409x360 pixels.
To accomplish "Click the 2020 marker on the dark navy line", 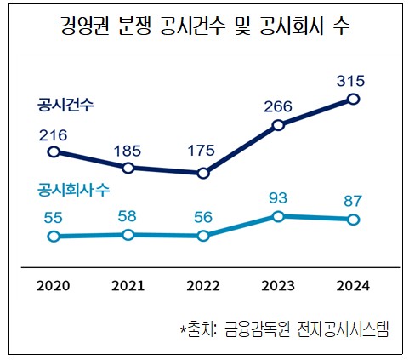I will tap(54, 152).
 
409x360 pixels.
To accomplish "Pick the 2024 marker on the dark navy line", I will tap(354, 100).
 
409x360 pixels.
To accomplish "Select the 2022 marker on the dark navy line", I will tap(203, 173).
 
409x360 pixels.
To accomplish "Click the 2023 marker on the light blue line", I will tap(278, 217).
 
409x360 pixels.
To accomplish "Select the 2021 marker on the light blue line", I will tap(128, 234).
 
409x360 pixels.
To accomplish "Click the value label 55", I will tap(54, 217).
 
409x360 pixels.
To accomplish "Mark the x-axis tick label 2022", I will tap(203, 285).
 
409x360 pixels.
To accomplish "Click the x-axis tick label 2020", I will tap(54, 285).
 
